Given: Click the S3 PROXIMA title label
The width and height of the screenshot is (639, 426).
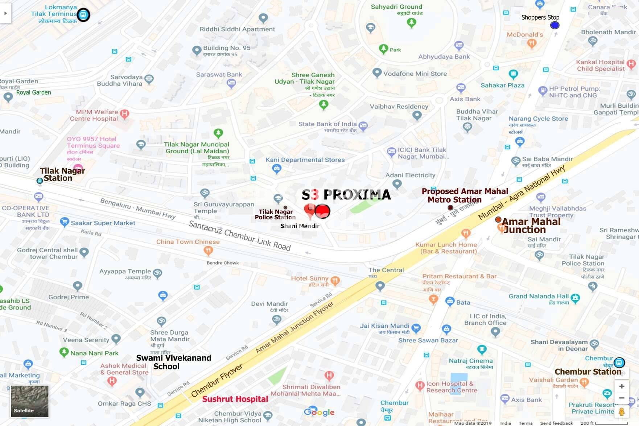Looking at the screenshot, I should (346, 195).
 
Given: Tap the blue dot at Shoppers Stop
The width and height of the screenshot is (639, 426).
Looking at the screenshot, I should (555, 25).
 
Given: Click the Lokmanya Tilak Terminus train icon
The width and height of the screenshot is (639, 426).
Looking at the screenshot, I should (83, 15).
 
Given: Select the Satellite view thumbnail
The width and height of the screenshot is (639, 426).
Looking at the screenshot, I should (29, 401).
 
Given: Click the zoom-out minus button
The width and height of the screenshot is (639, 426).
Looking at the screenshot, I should (621, 398).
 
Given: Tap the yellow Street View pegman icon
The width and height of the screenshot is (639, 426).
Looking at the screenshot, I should (621, 412).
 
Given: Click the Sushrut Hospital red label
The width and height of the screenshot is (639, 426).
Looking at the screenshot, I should (235, 399).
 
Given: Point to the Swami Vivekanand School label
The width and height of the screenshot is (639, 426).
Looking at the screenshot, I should (173, 362).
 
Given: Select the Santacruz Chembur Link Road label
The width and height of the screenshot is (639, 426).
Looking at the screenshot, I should (239, 236).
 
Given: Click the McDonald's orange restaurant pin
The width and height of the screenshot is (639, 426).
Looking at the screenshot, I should (531, 44).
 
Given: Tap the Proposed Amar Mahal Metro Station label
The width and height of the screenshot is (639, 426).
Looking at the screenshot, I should (465, 195).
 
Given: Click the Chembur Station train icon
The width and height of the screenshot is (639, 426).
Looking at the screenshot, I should (619, 362).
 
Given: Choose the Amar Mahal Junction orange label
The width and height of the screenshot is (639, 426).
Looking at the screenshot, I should (531, 226).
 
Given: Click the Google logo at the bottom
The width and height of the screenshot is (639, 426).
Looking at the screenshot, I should (319, 412).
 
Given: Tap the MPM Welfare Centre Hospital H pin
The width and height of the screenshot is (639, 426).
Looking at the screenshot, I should (124, 113).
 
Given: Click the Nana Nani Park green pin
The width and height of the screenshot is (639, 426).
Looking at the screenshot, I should (64, 352).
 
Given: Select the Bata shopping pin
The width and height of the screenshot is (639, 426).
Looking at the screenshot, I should (450, 301).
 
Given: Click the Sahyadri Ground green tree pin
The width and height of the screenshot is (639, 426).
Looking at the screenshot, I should (411, 22).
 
